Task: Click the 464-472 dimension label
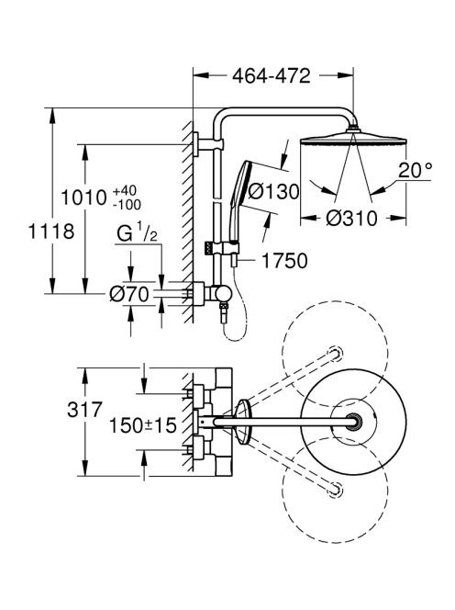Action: [x=272, y=76]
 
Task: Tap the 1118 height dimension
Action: [x=51, y=232]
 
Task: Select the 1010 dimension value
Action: [x=83, y=198]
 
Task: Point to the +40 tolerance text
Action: [x=125, y=191]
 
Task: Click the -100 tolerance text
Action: [x=128, y=204]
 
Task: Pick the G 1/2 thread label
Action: [x=138, y=234]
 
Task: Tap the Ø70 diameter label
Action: [x=129, y=294]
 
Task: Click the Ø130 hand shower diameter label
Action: [x=273, y=191]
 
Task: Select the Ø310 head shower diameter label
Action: [x=351, y=219]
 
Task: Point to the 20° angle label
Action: [x=415, y=170]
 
